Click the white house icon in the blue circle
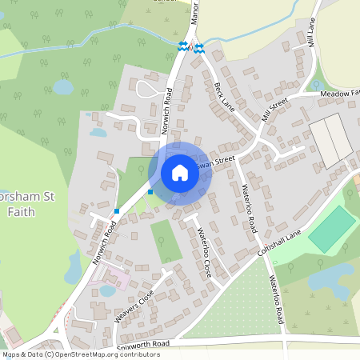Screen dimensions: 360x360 click(180, 173)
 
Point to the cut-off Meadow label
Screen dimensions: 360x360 click(340, 94)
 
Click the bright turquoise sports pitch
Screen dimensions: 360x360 click(332, 229)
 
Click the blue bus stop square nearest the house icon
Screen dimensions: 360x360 click(150, 192)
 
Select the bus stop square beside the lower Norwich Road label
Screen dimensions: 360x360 click(117, 211)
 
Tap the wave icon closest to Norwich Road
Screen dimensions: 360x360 click(183, 46)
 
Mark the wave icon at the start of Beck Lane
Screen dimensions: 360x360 click(198, 46)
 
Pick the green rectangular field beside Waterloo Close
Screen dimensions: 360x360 click(166, 241)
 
